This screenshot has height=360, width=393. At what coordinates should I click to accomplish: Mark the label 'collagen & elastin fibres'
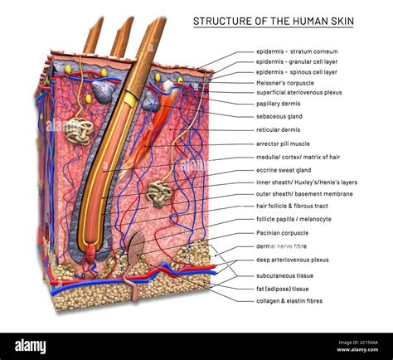click(289, 300)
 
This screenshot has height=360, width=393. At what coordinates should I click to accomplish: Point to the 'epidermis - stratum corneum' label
click(297, 51)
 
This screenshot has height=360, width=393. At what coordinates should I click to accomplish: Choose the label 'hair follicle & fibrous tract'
click(293, 206)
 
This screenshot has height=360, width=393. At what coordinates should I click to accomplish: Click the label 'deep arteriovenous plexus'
click(293, 259)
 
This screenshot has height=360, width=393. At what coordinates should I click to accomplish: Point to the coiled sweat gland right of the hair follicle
click(158, 193)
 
